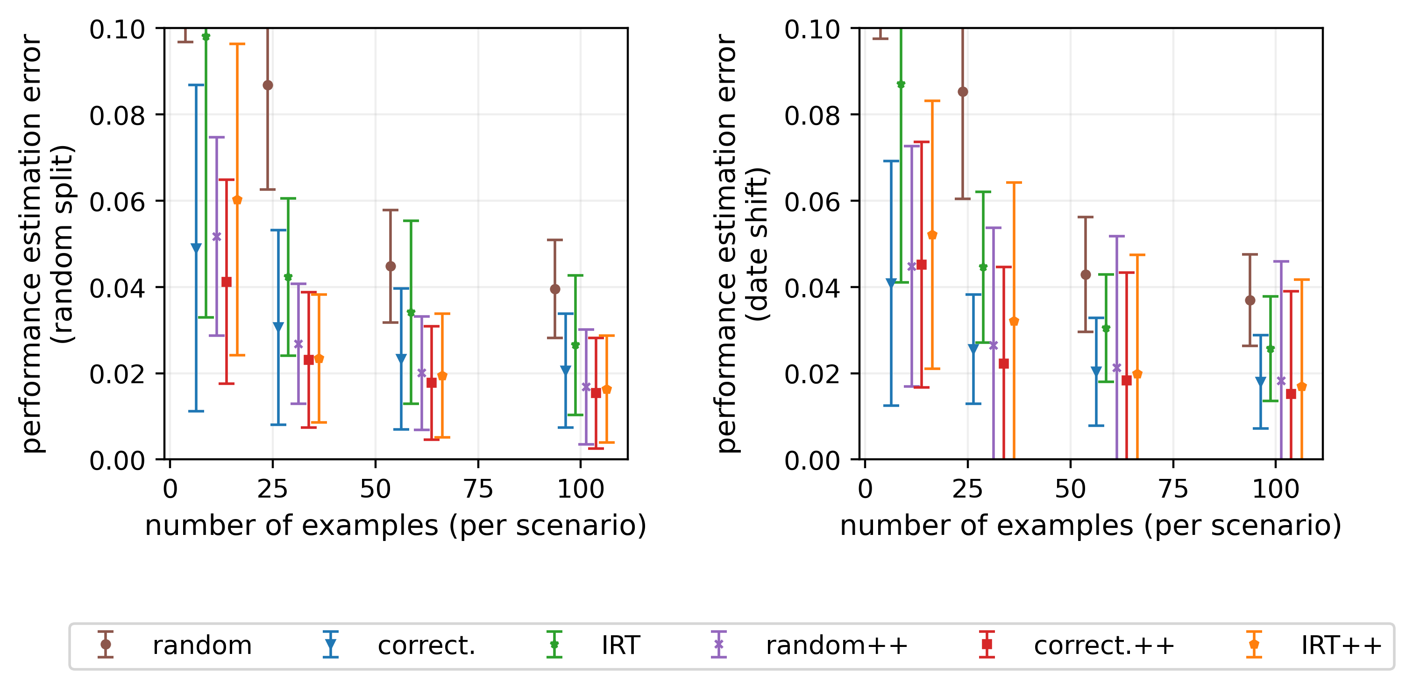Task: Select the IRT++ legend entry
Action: click(x=1341, y=645)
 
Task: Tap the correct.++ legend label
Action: click(x=1104, y=645)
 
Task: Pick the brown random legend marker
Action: click(x=105, y=644)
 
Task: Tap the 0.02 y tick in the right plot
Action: click(x=812, y=374)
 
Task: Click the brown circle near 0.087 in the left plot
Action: click(x=268, y=85)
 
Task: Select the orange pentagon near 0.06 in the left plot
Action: click(x=237, y=200)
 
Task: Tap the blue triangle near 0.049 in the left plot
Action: click(x=196, y=248)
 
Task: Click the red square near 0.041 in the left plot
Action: click(x=227, y=282)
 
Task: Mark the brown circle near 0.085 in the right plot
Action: click(x=963, y=91)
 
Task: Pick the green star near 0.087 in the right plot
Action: click(x=901, y=84)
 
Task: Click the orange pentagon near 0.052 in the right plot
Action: click(x=932, y=235)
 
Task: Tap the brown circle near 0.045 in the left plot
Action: click(x=391, y=267)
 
